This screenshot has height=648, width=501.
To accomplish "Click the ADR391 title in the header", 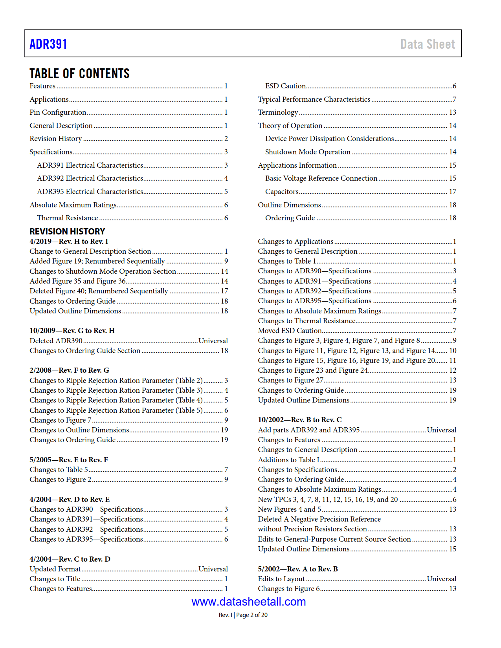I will (48, 44).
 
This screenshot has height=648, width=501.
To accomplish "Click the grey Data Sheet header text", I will (427, 44).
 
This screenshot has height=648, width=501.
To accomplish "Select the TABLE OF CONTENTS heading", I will (79, 73).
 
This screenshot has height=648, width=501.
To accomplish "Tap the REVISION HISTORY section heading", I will (67, 231).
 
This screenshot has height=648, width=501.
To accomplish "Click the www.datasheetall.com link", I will (248, 601).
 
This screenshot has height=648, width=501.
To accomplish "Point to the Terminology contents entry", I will (278, 112).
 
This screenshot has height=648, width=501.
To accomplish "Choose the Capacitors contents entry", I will (282, 192).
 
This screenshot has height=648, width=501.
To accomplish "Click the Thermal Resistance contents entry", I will (67, 218).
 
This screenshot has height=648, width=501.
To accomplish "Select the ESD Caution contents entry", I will (285, 86).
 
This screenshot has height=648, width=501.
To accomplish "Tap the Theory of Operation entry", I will (290, 126).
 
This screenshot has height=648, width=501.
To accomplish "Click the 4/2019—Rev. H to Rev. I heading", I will (69, 242).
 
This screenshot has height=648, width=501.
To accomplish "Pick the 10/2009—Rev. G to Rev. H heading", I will (72, 331).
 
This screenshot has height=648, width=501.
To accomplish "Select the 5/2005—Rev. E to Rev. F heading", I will (69, 460).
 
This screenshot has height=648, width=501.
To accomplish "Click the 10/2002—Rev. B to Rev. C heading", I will (300, 420).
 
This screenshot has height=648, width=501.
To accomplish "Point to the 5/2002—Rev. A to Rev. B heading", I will (298, 569).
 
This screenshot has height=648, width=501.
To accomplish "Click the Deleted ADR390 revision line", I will (56, 341).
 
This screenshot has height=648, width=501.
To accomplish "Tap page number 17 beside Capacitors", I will (453, 192).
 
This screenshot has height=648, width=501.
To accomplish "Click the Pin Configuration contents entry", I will (58, 112).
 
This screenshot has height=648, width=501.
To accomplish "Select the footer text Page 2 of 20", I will (252, 615).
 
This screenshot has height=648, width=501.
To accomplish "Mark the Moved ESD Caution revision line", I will (290, 331).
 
